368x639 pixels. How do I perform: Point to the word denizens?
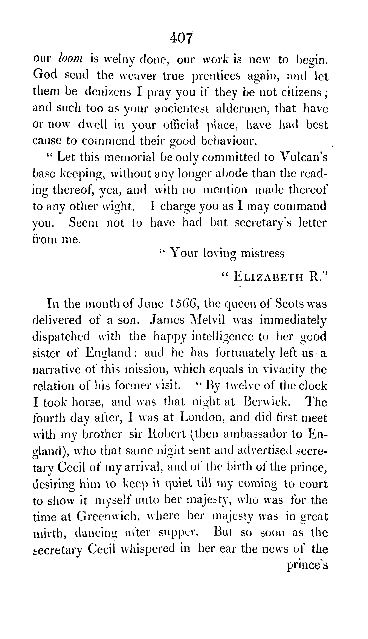(x=108, y=92)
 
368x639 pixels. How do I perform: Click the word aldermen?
(x=256, y=109)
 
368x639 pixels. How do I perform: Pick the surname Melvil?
(x=205, y=320)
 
